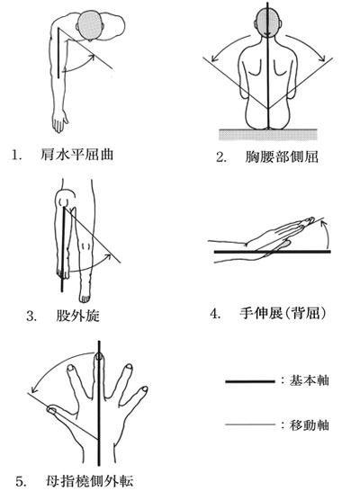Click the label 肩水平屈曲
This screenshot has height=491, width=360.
coord(76,155)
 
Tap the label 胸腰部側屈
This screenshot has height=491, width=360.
coord(282,156)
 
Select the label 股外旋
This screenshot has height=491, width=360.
coord(78,316)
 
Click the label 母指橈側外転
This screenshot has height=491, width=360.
coord(90,481)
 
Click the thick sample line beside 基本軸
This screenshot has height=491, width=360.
coord(250,381)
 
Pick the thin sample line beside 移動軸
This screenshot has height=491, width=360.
coord(250,424)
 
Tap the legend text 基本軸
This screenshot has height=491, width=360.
coord(309,380)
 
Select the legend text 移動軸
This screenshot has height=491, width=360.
coord(309,425)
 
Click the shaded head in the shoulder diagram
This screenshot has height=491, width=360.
coord(91,25)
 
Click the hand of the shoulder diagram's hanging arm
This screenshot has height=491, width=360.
coord(59,121)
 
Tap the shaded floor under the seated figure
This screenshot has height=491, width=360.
coord(267,134)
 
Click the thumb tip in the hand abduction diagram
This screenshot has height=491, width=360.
coord(51,408)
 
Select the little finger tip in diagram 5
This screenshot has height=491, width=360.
coord(144,389)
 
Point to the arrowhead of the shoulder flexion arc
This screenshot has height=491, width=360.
coord(91,57)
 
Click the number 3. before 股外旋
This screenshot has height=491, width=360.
coord(31,317)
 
